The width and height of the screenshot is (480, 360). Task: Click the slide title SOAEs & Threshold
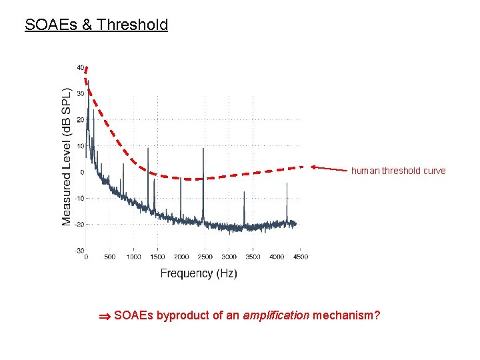pyautogui.click(x=96, y=25)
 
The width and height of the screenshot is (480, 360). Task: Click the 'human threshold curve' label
pyautogui.click(x=398, y=171)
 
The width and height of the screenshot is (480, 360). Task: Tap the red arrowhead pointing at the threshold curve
pyautogui.click(x=313, y=167)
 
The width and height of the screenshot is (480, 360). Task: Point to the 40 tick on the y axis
pyautogui.click(x=80, y=67)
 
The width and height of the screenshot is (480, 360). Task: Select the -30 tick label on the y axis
pyautogui.click(x=79, y=251)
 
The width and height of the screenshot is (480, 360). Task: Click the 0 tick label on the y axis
pyautogui.click(x=81, y=172)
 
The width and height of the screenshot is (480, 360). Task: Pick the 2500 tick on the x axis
pyautogui.click(x=205, y=257)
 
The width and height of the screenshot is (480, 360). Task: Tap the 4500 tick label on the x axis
pyautogui.click(x=300, y=257)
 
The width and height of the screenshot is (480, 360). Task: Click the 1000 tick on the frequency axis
pyautogui.click(x=133, y=257)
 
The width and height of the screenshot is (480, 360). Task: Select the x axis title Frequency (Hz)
pyautogui.click(x=198, y=273)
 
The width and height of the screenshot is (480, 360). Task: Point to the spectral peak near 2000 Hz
pyautogui.click(x=181, y=180)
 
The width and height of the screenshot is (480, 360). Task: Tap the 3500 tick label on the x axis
pyautogui.click(x=253, y=257)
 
